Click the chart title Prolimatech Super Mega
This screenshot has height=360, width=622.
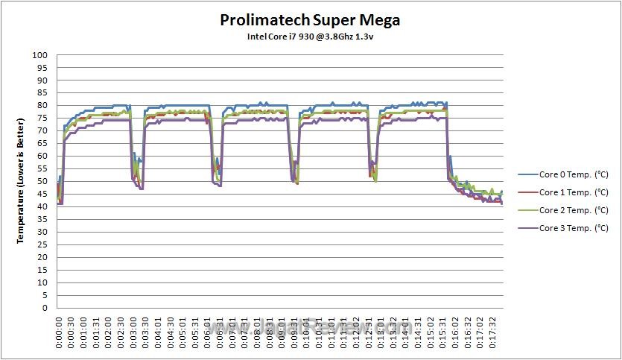[309, 20]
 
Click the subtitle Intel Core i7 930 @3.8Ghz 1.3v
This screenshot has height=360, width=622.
[309, 37]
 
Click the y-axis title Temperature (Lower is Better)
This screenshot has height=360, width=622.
[22, 181]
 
